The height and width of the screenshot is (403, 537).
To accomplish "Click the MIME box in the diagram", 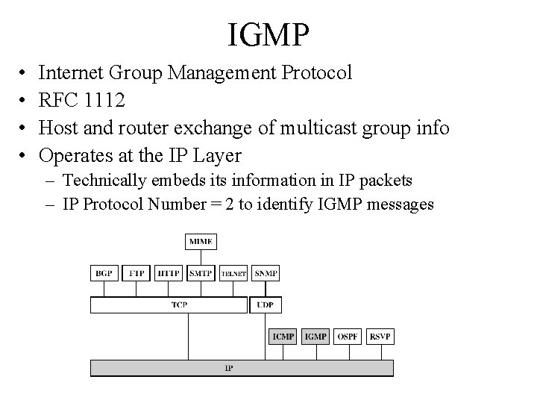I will [x=201, y=242].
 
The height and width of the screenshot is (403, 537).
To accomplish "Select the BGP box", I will [x=104, y=274].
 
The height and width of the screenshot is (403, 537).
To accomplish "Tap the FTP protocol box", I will [x=136, y=274].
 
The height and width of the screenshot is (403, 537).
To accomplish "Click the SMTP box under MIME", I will [x=201, y=274].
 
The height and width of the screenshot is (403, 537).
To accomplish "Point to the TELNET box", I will [x=233, y=274].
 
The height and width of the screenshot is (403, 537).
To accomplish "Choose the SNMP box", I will [x=266, y=274].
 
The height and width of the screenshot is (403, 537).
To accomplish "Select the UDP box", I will [x=266, y=304].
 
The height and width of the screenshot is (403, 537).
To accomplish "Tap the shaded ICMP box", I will [x=283, y=337].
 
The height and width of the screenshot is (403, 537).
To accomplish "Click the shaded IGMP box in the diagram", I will [x=315, y=337].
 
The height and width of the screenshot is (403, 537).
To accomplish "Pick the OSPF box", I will [x=348, y=337].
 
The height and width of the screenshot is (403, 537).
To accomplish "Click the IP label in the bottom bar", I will [x=228, y=369].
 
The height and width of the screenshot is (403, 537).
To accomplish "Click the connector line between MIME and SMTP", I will [x=201, y=257].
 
